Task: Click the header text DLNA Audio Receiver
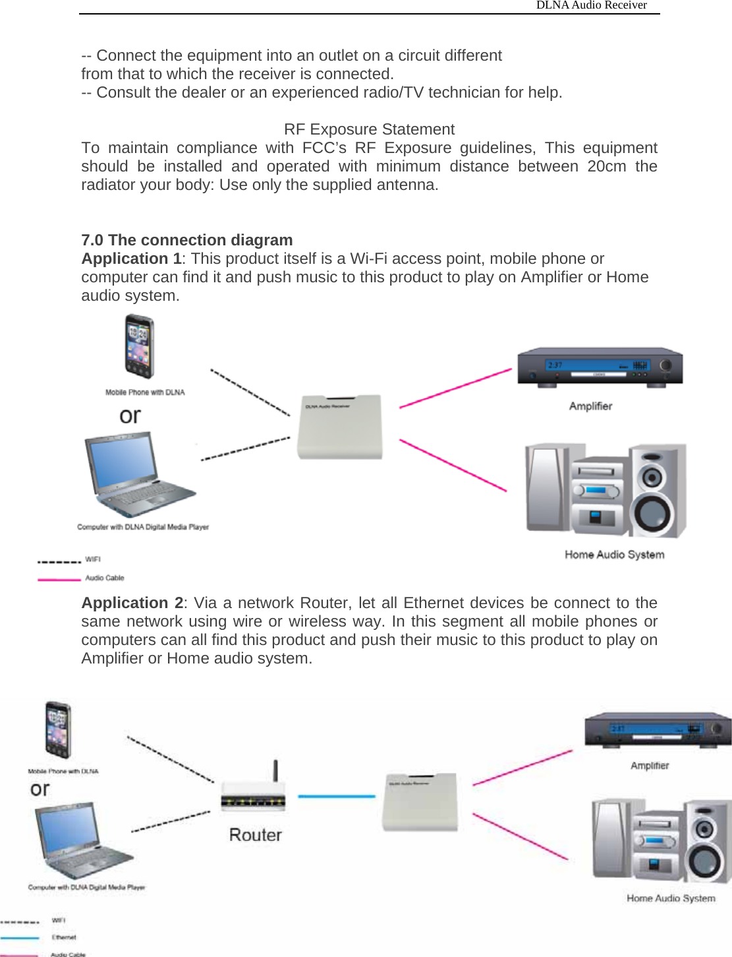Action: pos(591,5)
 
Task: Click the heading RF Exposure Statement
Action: pos(369,129)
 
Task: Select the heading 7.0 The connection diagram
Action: pos(187,240)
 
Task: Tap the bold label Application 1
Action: pos(131,259)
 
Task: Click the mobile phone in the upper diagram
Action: pos(140,347)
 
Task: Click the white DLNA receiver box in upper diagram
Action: pos(340,427)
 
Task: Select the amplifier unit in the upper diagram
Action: pos(600,367)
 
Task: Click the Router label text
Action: pos(256,835)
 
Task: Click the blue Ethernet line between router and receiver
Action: pos(336,796)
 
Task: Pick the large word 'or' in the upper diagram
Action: pos(130,416)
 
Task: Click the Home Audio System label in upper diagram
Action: pos(614,555)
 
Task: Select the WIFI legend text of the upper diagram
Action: pos(93,559)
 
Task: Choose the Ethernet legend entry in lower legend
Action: pos(64,937)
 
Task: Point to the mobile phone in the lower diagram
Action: pos(58,730)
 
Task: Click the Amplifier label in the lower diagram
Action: pos(650,766)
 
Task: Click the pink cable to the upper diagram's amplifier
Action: pos(455,388)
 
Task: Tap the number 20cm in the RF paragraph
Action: pos(606,166)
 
